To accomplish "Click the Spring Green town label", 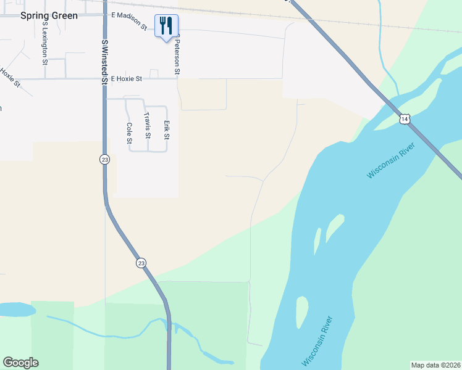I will (x=49, y=15).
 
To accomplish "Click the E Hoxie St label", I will (x=127, y=79).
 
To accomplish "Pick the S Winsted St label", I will (x=104, y=59).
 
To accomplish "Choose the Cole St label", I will (x=129, y=133).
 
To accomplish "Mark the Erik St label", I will (x=166, y=129).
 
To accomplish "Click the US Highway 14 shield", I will (x=405, y=119).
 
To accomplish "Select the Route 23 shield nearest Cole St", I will (x=104, y=159).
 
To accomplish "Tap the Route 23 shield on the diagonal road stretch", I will (x=141, y=263).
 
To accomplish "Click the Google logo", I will (x=20, y=363).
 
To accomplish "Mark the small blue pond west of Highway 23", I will (x=16, y=308).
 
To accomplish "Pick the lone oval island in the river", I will (x=301, y=311).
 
